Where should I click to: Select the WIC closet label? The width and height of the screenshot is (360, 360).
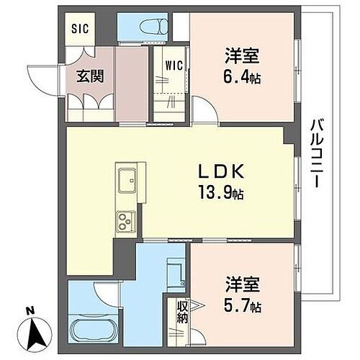pos(174,66)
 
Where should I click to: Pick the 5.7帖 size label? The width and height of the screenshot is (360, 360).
pos(241,306)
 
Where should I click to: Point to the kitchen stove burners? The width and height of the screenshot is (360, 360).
pos(125,220)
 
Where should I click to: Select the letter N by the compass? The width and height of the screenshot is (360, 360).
pos(30,311)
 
